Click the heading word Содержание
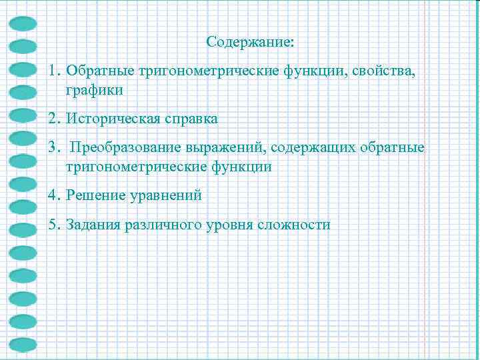pyautogui.click(x=249, y=43)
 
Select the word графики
pyautogui.click(x=95, y=89)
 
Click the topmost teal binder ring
pyautogui.click(x=24, y=23)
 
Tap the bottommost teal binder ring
pyautogui.click(x=24, y=345)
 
